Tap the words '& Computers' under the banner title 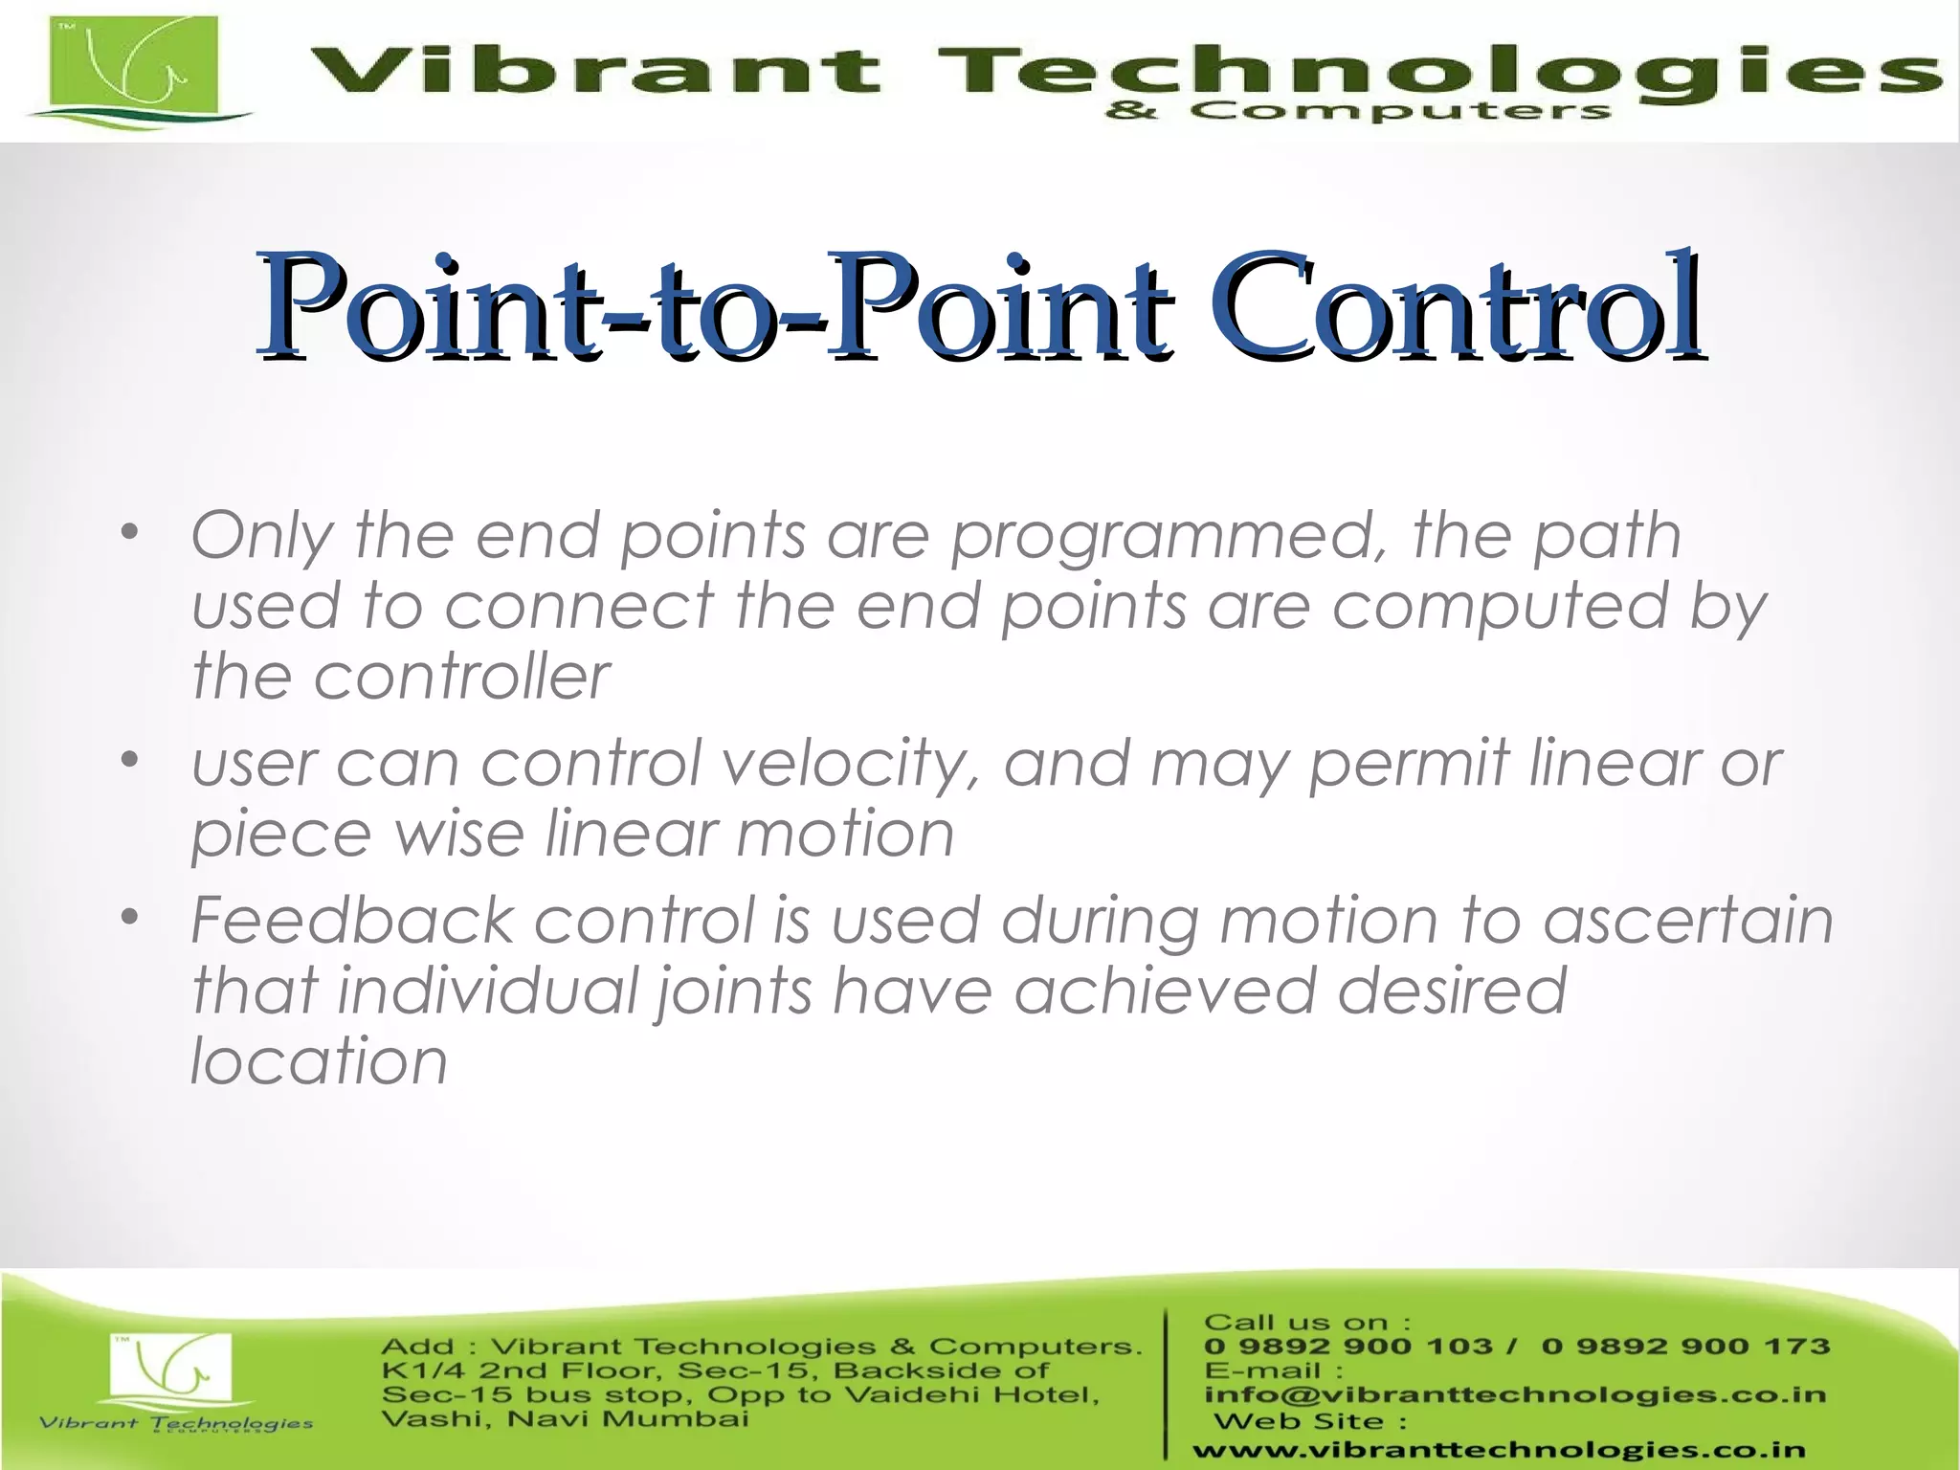[1357, 112]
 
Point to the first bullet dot [130, 532]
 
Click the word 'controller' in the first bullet [461, 677]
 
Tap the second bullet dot [130, 762]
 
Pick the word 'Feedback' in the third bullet [352, 921]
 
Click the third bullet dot [130, 918]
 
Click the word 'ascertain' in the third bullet [1688, 921]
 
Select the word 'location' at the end [319, 1061]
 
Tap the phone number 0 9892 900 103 [1347, 1347]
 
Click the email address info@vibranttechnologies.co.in [1515, 1394]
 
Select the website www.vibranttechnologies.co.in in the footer [1499, 1451]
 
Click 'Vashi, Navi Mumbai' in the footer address [565, 1418]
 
